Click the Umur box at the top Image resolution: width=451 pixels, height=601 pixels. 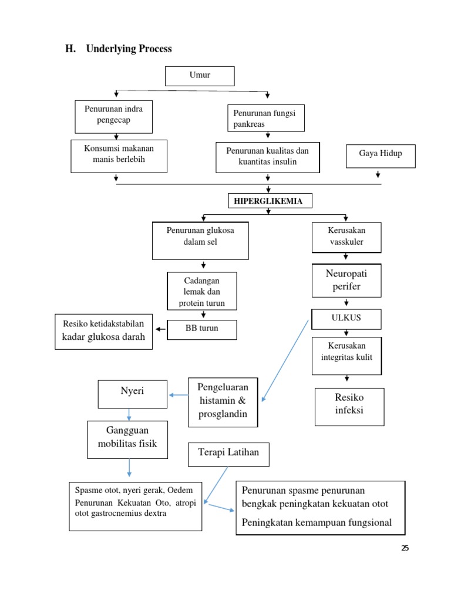point(200,76)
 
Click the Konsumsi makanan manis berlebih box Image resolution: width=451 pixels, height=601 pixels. point(119,156)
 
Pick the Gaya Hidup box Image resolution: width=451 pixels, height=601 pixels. point(380,155)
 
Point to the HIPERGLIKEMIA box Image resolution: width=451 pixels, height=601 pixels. point(270,201)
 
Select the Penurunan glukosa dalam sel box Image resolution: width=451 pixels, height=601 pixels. point(200,240)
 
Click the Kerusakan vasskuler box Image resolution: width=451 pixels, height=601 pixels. point(346,237)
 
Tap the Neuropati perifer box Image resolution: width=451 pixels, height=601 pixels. point(346,280)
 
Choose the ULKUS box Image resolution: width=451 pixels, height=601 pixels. point(346,318)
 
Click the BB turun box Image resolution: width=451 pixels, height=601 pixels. point(202,329)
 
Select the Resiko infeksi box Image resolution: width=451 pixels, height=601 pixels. point(349,406)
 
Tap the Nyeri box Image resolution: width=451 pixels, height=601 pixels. point(132,394)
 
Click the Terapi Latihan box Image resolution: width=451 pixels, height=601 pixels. point(228,454)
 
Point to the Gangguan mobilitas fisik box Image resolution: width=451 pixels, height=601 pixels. point(128,438)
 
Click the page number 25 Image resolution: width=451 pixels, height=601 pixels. point(405,548)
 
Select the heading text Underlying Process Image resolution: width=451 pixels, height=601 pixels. point(129,49)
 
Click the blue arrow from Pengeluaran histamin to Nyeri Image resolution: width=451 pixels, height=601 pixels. point(179,395)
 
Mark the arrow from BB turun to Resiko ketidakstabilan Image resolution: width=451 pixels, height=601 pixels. point(160,329)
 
